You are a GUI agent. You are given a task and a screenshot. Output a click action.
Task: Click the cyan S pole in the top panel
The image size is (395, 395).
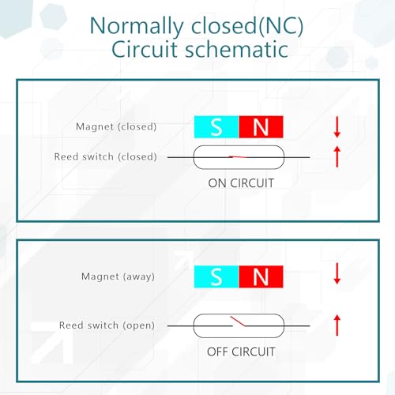point(216,126)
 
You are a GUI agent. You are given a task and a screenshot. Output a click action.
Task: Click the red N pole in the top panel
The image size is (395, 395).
point(261,126)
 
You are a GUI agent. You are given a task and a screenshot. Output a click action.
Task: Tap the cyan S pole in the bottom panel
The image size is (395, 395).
point(216,276)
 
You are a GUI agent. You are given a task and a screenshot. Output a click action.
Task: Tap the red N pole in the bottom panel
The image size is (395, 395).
point(261,276)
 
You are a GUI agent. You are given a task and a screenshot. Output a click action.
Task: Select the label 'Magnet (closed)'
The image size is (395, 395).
point(116,126)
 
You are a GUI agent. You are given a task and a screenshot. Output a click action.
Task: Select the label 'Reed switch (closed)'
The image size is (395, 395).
point(105,156)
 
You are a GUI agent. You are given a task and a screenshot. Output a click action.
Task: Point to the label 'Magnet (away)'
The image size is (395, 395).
point(118,276)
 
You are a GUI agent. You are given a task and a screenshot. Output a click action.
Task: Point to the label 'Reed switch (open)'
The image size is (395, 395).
point(107,325)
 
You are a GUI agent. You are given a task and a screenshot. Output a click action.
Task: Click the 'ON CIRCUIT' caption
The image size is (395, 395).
point(241,183)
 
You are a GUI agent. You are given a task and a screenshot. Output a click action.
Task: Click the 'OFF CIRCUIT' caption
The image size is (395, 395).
point(241,352)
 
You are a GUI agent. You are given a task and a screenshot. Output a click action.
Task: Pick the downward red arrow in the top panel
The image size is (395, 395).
point(337,126)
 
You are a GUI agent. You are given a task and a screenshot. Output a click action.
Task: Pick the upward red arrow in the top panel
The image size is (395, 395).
point(337,157)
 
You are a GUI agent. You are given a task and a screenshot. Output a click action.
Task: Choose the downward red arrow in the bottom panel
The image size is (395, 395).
point(337,273)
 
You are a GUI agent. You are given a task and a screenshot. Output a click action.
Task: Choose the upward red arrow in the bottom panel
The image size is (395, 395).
point(337,325)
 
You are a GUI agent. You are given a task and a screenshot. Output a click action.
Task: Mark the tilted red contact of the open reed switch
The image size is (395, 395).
point(238,321)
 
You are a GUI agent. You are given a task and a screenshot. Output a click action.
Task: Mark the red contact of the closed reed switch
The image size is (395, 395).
point(238,157)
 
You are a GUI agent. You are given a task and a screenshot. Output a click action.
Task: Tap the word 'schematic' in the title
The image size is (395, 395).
point(236,50)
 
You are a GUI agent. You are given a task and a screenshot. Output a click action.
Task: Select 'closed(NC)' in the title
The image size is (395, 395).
point(247,26)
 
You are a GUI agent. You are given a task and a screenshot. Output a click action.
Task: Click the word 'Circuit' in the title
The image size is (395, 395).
point(145,50)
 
